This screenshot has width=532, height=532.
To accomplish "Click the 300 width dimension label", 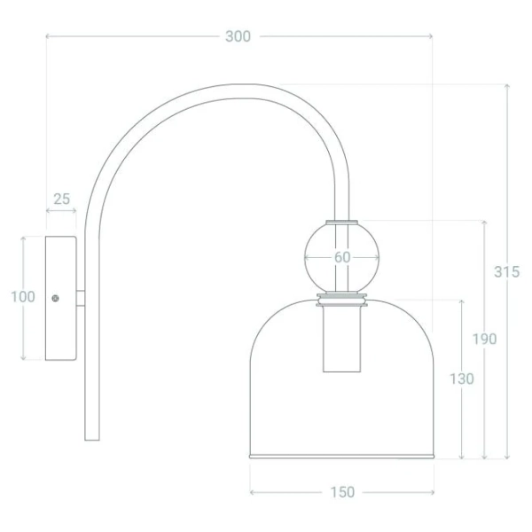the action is (x=238, y=36).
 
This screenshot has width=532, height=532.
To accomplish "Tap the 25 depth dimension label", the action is (x=62, y=199).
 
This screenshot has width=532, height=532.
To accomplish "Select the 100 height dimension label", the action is (x=23, y=297).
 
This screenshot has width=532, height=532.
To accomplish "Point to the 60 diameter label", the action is (x=342, y=257).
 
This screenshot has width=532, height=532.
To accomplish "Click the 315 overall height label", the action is (x=507, y=272).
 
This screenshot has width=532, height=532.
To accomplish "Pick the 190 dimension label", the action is (x=484, y=339).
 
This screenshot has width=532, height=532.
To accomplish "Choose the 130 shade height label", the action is (x=461, y=379).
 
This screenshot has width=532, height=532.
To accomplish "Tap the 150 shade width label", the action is (x=342, y=492).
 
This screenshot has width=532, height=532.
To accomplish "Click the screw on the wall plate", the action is (x=55, y=298).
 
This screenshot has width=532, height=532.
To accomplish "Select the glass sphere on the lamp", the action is (x=341, y=257).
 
